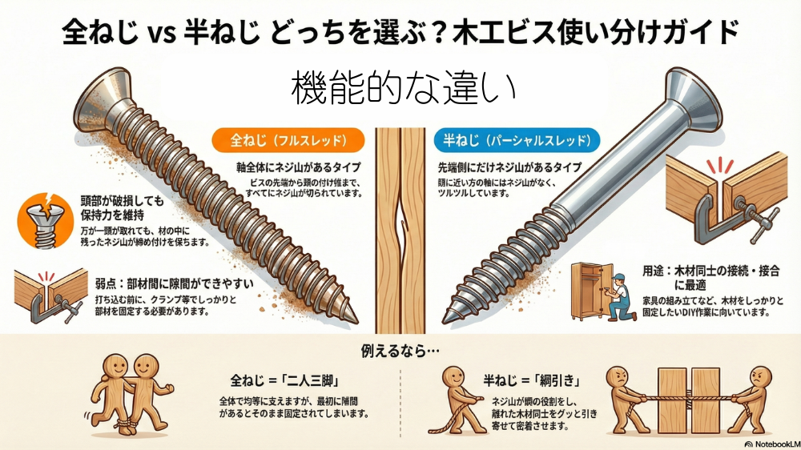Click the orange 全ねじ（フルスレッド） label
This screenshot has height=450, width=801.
click(288, 140)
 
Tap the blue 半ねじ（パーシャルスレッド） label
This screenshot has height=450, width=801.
click(517, 140)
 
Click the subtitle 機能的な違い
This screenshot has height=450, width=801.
click(403, 89)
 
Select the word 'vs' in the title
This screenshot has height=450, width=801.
click(161, 33)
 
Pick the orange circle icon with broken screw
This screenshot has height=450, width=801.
click(46, 221)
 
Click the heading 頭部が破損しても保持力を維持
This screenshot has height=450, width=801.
click(122, 208)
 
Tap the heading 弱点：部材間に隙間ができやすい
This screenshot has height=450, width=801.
click(174, 283)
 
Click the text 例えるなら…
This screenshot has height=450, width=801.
click(400, 351)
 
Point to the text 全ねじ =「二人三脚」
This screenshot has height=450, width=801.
click(285, 380)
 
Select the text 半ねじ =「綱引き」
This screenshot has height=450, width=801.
click(533, 380)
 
